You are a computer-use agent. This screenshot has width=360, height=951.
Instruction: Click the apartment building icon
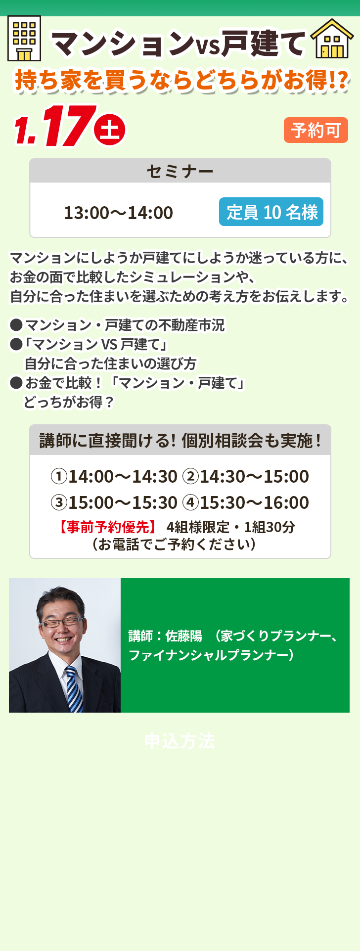(24, 38)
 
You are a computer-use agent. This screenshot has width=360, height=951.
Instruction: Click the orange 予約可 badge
(316, 130)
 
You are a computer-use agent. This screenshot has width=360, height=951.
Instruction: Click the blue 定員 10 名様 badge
(271, 212)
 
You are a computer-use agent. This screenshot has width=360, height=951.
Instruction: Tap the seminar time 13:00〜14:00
(119, 213)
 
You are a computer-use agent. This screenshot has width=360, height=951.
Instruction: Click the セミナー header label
(180, 171)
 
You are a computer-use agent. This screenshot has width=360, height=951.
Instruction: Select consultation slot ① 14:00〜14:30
(114, 476)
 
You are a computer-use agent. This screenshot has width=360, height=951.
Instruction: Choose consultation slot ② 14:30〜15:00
(246, 476)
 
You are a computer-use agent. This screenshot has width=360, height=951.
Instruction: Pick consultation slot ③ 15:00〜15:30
(114, 502)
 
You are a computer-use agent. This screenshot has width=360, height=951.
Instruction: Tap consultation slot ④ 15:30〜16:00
(246, 502)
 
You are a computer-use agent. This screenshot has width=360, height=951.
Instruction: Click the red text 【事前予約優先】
(108, 527)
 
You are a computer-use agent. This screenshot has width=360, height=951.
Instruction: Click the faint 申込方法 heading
(180, 741)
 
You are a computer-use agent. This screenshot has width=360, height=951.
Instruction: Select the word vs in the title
(208, 45)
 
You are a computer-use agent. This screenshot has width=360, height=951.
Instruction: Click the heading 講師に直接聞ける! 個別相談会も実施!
(180, 440)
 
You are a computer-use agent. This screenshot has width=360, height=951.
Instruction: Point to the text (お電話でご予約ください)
(174, 544)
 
